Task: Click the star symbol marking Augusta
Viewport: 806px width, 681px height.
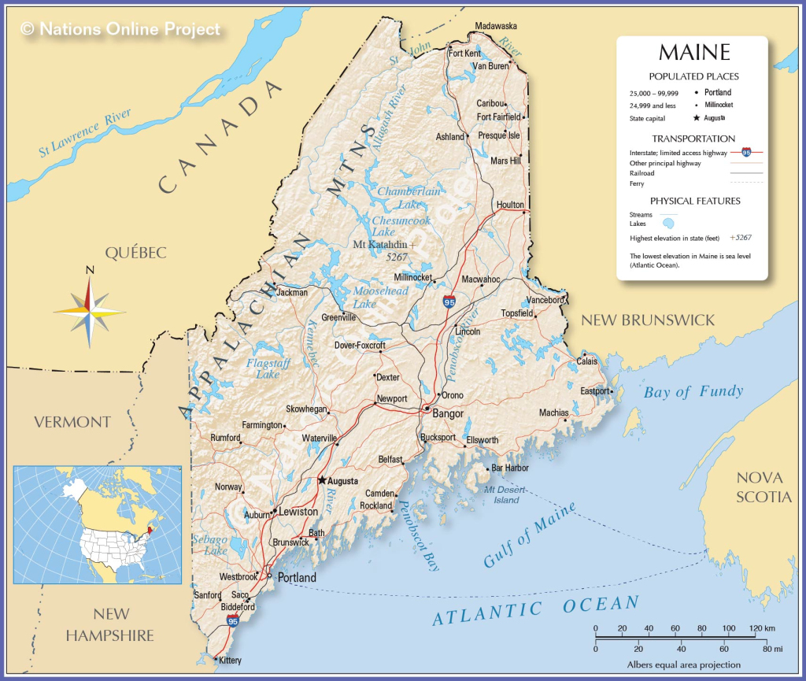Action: pos(321,479)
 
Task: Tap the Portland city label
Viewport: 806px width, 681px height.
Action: pos(297,578)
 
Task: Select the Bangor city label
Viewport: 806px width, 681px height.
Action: pos(448,413)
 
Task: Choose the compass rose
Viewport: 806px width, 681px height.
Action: pos(90,309)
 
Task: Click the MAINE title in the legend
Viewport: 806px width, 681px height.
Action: pos(693,54)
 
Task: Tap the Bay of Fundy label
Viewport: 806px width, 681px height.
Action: pos(693,392)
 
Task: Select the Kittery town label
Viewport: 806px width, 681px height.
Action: pos(230,661)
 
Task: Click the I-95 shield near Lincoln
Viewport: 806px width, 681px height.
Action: pos(449,302)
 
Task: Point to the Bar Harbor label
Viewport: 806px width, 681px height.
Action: pos(509,468)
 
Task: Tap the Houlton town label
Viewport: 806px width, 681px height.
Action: pos(510,205)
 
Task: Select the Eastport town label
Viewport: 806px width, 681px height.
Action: pos(594,391)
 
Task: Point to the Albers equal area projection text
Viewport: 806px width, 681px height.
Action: pos(683,664)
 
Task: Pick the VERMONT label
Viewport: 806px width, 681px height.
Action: pos(72,422)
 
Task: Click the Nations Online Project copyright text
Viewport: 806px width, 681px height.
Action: pos(120,29)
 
